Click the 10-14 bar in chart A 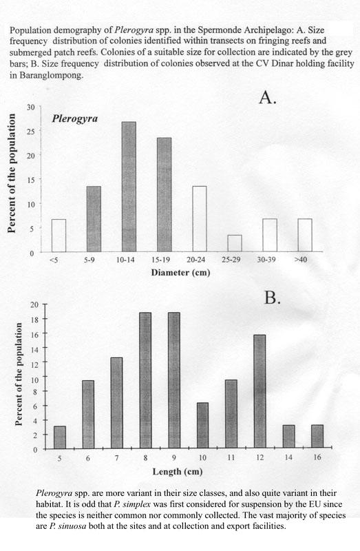point(129,187)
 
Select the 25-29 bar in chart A point(235,243)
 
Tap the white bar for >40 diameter point(305,235)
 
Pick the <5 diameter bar point(59,236)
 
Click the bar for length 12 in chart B point(260,392)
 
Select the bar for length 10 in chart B point(202,426)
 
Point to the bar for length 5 point(60,437)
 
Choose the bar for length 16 point(317,437)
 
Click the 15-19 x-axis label point(160,260)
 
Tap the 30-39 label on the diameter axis point(266,260)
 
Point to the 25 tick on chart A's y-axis point(31,131)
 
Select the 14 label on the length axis point(288,457)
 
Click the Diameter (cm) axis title point(180,273)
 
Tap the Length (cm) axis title point(178,472)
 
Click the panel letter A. point(268,97)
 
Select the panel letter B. point(272,298)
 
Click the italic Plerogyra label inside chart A point(75,118)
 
